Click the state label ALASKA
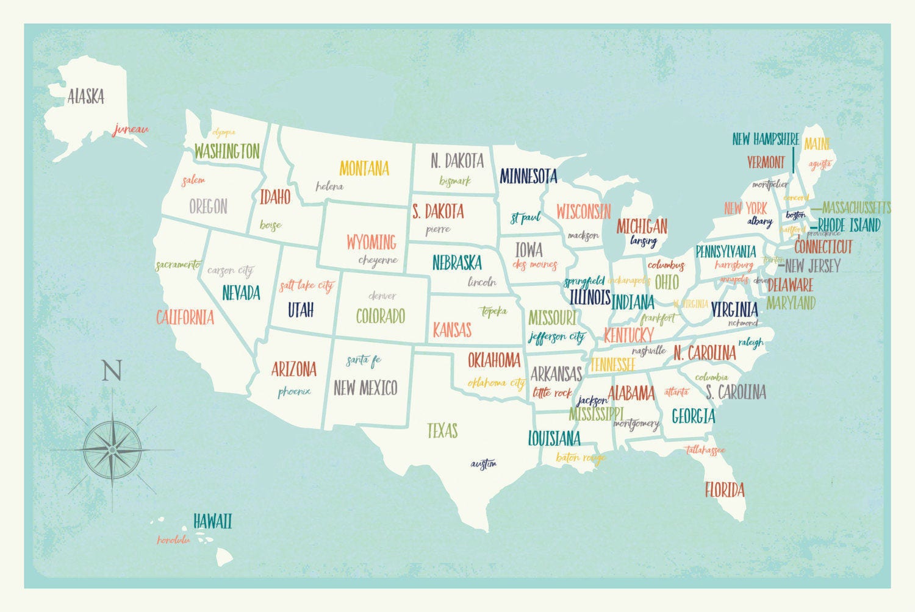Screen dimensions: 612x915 (86, 96)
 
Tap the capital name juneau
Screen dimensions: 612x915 (131, 129)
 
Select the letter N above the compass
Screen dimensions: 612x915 (112, 371)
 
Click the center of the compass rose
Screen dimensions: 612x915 (112, 450)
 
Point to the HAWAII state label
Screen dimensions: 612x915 (212, 522)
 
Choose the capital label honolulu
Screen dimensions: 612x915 (174, 540)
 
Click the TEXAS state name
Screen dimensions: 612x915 (442, 431)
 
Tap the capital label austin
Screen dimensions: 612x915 (484, 464)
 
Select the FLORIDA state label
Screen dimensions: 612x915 (725, 489)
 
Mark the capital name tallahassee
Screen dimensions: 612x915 (705, 450)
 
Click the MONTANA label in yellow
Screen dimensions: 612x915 (364, 168)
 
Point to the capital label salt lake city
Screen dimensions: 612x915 (307, 285)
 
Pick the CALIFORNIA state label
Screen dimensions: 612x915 (185, 318)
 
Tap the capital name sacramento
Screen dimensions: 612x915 (177, 265)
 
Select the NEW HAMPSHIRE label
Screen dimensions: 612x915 (766, 139)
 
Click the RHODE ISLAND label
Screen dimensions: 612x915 (849, 225)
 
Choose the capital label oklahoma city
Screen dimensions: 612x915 (497, 383)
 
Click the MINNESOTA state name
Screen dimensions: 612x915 (528, 177)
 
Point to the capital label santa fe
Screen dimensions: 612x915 (364, 360)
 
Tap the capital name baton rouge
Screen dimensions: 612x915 (581, 457)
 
